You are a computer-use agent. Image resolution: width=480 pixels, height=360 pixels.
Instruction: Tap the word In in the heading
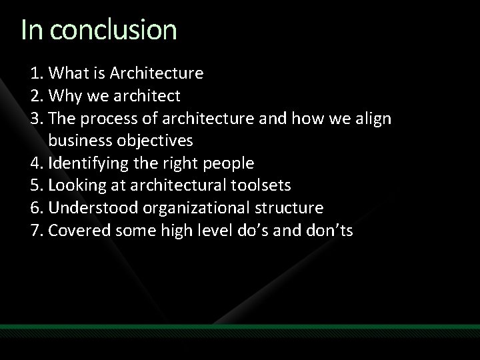32,31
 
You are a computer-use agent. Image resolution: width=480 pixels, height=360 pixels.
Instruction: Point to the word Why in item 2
65,95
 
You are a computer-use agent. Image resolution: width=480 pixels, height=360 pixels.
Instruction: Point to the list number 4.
35,163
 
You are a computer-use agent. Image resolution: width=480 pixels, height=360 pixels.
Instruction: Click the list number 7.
35,231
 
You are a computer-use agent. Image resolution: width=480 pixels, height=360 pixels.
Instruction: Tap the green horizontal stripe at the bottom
240,327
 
